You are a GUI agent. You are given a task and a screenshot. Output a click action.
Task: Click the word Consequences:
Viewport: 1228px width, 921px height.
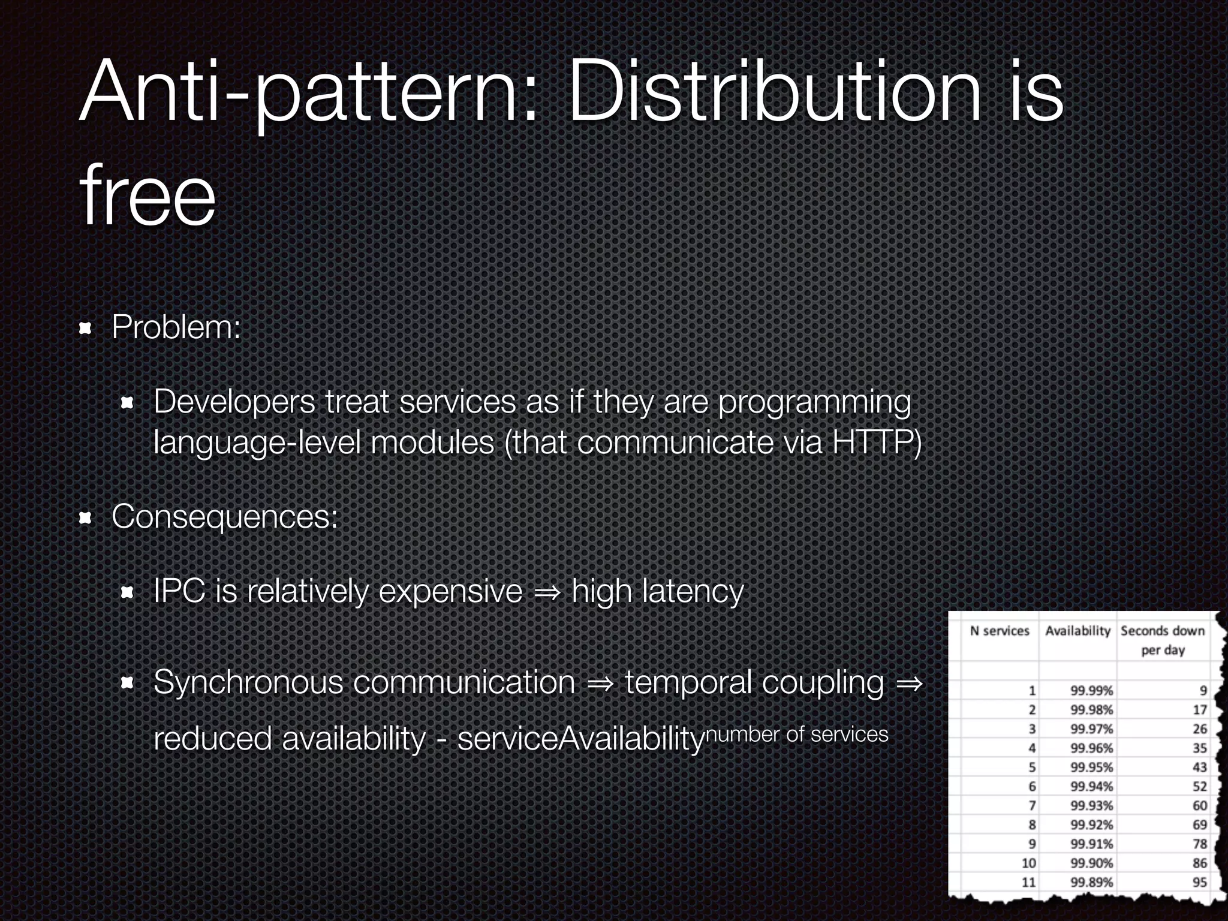coord(225,516)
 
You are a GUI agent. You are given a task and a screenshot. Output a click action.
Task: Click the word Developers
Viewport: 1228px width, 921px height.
coord(234,401)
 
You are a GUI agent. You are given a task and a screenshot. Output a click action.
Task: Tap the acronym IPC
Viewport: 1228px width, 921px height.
coord(179,591)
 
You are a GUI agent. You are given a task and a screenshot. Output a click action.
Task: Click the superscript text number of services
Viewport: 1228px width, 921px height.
coord(797,734)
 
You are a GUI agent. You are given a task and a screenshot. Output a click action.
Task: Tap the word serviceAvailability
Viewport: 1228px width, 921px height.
coord(580,738)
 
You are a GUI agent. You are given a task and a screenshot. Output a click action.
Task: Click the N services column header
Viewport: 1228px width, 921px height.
coord(1000,631)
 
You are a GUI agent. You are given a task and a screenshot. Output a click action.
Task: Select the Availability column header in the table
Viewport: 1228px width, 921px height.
coord(1077,631)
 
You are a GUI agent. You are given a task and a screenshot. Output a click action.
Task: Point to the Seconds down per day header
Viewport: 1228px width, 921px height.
coord(1162,640)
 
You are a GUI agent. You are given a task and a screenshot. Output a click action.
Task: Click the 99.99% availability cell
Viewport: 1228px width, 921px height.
coord(1091,691)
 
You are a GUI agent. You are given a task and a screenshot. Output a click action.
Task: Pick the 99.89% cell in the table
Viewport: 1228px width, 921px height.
coord(1091,882)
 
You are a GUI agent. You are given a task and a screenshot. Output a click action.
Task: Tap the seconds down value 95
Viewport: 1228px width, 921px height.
coord(1199,882)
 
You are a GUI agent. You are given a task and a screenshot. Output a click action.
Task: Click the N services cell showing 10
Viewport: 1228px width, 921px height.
coord(1028,863)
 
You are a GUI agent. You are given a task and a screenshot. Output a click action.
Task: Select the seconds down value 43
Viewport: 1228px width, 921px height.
coord(1199,767)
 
